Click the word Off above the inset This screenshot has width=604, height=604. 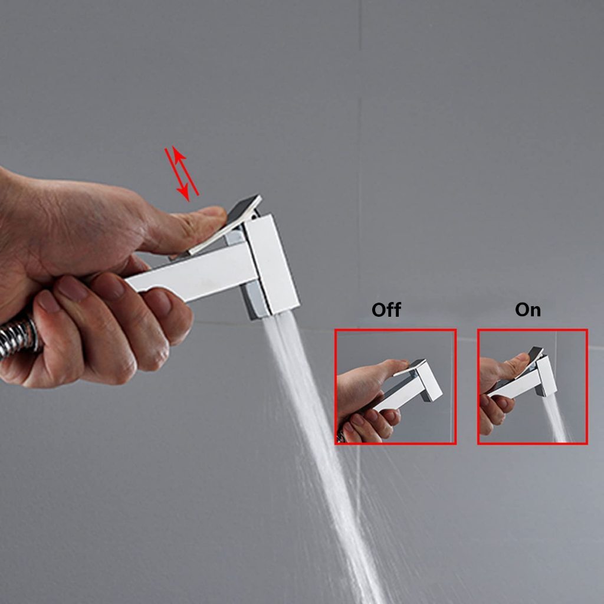[x=386, y=310]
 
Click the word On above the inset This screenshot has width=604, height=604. [x=528, y=310]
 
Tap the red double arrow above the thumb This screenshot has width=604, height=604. [x=182, y=173]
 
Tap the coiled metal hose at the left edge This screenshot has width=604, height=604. [x=19, y=337]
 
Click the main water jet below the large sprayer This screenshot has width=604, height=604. [x=320, y=455]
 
